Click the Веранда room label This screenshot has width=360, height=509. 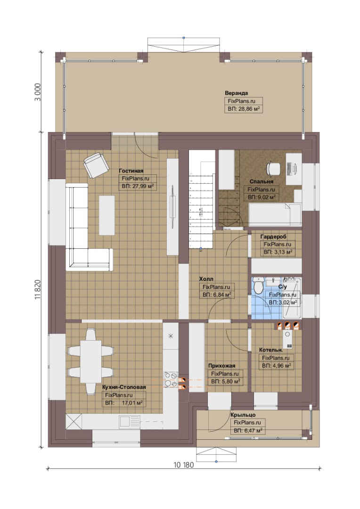(236, 93)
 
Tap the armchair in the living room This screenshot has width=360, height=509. (96, 165)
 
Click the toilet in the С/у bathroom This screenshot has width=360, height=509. (258, 286)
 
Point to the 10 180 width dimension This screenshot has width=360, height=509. (184, 465)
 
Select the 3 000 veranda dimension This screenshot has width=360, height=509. (38, 92)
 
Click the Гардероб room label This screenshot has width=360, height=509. (273, 237)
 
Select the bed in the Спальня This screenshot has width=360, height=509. (275, 214)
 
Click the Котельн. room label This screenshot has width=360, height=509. (271, 350)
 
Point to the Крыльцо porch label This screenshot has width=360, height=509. (243, 415)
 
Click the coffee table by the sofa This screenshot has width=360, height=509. (107, 215)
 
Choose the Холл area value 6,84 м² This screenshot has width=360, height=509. (217, 295)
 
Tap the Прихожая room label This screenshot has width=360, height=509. (222, 366)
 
